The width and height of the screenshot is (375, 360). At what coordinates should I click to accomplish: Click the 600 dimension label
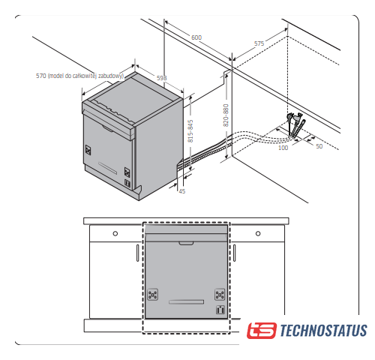click(x=196, y=37)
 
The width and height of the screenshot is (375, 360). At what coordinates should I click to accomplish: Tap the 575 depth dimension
click(x=259, y=43)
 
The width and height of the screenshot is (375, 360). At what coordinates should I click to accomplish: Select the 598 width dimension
click(x=161, y=78)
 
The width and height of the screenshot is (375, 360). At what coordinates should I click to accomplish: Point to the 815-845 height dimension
click(x=190, y=131)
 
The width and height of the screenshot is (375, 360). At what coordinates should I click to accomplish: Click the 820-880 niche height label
click(x=226, y=115)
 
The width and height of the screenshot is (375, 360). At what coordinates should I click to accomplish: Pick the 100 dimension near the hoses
click(x=283, y=148)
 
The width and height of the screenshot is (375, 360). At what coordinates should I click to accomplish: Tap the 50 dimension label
click(x=319, y=146)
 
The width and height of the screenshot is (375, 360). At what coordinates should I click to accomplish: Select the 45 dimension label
click(x=182, y=191)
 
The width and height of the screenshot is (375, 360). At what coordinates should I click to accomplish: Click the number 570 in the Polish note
click(x=41, y=76)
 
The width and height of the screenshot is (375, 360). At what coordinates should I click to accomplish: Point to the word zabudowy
click(x=111, y=76)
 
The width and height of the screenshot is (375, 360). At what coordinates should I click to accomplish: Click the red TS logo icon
click(x=262, y=331)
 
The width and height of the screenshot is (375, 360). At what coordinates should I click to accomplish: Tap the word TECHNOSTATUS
click(x=323, y=330)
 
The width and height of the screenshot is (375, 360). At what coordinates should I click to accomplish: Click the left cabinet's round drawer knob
click(x=115, y=233)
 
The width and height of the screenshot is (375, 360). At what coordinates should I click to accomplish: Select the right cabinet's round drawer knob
click(x=258, y=233)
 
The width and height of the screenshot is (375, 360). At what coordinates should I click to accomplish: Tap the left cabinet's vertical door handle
click(x=137, y=253)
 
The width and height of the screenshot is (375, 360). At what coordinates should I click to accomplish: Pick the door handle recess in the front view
click(x=186, y=243)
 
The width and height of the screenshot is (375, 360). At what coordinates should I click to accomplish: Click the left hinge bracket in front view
click(x=152, y=294)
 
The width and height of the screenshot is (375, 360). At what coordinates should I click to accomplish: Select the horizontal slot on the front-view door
click(x=187, y=302)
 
